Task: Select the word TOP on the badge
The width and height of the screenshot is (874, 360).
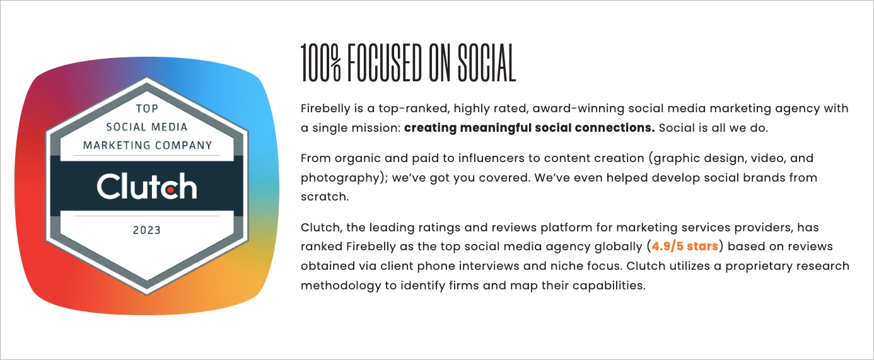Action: pos(147,109)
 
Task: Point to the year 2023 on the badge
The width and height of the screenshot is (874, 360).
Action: pos(147,230)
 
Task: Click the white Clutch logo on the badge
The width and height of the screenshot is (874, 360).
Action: pos(147,187)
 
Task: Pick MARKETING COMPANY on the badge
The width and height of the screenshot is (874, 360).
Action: pos(148,145)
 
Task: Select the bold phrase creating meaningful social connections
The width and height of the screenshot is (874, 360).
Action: pos(530,128)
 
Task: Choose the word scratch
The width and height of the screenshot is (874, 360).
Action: pos(323,197)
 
